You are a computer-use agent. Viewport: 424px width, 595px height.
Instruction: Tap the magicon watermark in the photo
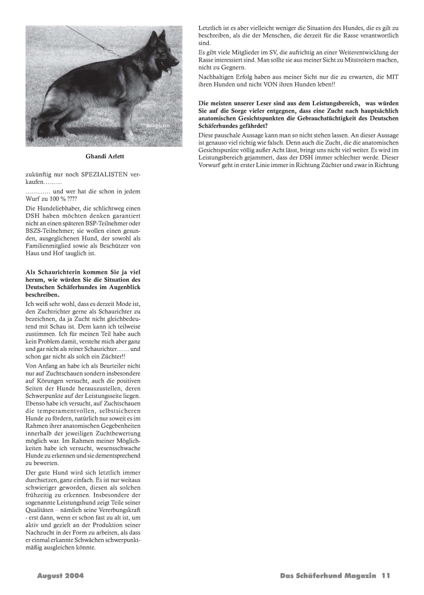pyautogui.click(x=158, y=126)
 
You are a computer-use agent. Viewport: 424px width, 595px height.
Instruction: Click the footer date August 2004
pyautogui.click(x=60, y=576)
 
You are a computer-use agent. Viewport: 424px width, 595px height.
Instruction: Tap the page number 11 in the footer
pyautogui.click(x=385, y=576)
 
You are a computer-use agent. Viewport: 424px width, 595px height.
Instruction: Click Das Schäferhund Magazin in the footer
pyautogui.click(x=328, y=576)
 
